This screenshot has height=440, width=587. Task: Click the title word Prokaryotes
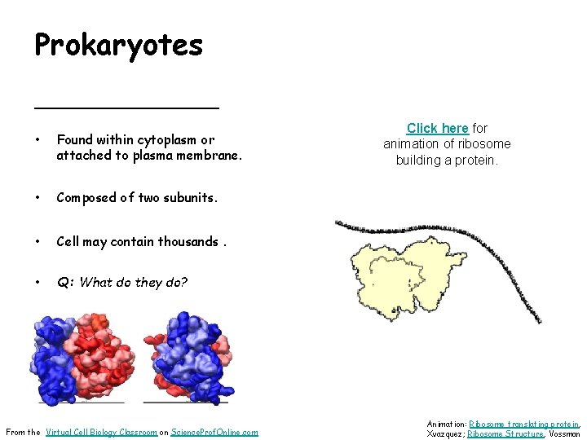tap(118, 46)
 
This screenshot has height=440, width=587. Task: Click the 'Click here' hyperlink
tap(437, 128)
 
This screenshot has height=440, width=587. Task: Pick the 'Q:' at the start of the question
tap(65, 283)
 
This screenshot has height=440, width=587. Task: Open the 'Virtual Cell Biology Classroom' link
tap(101, 432)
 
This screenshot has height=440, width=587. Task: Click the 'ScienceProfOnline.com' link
tap(214, 432)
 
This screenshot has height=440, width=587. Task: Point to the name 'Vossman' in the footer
tap(563, 433)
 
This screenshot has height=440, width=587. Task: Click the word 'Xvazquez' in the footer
tap(445, 433)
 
